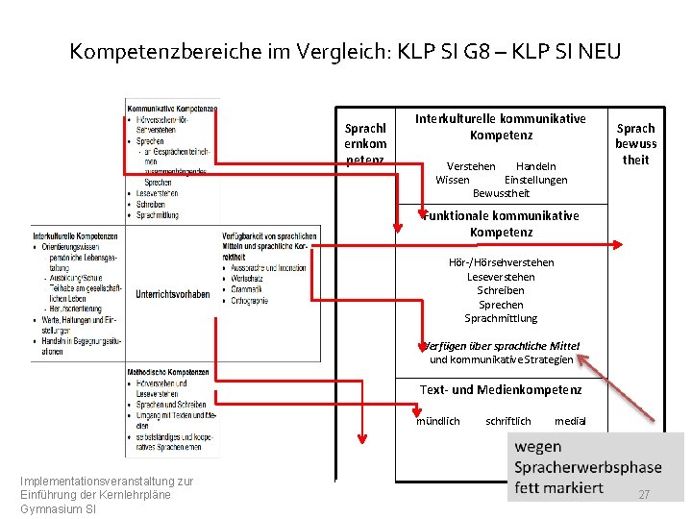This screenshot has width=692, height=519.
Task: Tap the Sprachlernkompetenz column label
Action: point(365,143)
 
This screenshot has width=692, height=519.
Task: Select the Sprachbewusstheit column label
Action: point(635,143)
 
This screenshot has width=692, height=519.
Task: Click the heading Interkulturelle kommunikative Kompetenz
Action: point(500,126)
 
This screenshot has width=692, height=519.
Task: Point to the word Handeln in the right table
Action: point(535,166)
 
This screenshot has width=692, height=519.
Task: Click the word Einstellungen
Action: point(535,180)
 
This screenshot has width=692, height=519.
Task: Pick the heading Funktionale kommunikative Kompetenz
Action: point(501,224)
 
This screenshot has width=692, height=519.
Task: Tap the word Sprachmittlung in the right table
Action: point(501,318)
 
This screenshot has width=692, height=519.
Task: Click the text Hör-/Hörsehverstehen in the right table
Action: point(501,262)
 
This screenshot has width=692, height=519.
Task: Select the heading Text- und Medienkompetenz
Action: point(500,389)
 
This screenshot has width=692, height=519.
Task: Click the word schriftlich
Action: point(507,421)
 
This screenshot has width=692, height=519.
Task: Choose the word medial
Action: point(570,421)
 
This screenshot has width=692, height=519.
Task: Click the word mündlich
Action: point(437,421)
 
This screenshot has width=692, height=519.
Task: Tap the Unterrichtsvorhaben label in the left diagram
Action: point(173,294)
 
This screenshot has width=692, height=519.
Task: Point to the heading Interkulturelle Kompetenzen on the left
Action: point(75,235)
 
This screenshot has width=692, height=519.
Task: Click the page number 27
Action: point(644,494)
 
